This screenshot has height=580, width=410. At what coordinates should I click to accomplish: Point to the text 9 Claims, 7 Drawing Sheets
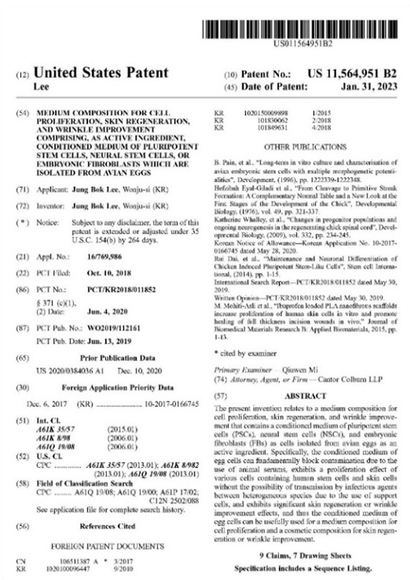click(x=306, y=555)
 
